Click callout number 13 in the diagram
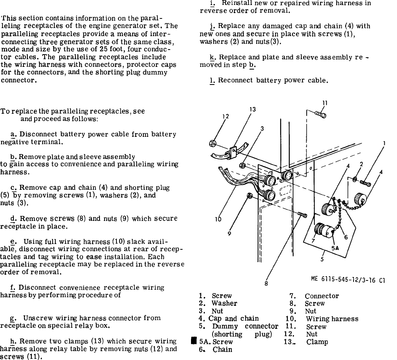coord(252,109)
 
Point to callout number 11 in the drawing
coord(325,103)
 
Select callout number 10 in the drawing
coord(218,219)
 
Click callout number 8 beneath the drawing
coord(266,284)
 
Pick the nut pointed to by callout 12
coord(212,144)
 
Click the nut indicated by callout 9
coord(249,196)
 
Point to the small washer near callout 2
coord(355,179)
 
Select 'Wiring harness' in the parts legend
coord(332,319)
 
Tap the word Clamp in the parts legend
coord(317,342)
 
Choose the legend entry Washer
coord(224,303)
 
